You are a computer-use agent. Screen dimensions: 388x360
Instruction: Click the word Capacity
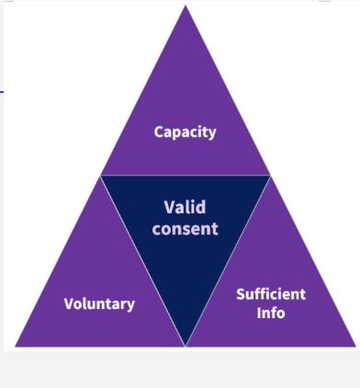coord(185,131)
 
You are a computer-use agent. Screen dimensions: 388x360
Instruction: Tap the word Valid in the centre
coord(185,207)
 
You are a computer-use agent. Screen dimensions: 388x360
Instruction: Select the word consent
coord(185,228)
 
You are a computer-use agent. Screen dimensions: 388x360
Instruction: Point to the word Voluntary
coord(99,303)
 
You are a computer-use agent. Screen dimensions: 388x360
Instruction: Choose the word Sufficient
coord(271,294)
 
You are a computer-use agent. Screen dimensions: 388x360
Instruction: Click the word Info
coord(271,313)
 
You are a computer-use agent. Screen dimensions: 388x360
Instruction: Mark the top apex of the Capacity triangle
coord(186,6)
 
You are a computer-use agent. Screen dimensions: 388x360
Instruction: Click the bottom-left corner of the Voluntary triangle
coord(17,346)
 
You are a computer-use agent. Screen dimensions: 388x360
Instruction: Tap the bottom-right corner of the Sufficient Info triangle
coord(354,346)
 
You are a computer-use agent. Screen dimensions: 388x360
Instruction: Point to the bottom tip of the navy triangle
coord(186,345)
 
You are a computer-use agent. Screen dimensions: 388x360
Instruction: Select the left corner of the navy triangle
coord(102,176)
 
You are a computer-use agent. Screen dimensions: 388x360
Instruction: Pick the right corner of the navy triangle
coord(270,176)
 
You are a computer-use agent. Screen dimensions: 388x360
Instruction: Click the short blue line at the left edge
coord(2,91)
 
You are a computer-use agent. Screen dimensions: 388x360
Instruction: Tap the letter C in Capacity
coord(159,131)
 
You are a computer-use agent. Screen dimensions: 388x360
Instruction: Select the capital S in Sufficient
coord(241,294)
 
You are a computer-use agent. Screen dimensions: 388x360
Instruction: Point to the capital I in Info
coord(259,313)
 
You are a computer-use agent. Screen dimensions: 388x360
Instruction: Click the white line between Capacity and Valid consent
coord(186,175)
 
